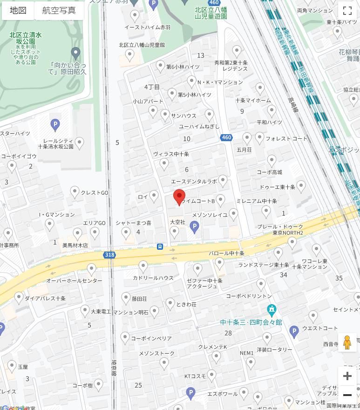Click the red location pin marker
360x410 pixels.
pos(179,197)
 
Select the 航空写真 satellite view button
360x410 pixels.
pos(59,10)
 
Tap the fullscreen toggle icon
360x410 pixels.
pos(347,10)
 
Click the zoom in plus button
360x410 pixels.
pos(347,376)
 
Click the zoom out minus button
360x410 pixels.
pos(347,395)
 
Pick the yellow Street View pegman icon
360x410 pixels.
pos(347,342)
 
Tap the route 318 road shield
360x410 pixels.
pos(109,255)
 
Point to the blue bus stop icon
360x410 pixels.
pos(160,246)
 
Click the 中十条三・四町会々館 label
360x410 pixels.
pos(251,322)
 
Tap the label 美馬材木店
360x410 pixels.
pos(75,245)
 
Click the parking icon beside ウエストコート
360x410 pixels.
pos(294,331)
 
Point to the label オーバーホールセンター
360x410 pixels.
pos(74,280)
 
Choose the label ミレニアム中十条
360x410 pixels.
pos(257,201)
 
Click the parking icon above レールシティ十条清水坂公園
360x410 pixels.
pos(55,125)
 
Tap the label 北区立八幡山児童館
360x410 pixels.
pos(142,45)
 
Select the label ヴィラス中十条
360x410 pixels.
pos(171,154)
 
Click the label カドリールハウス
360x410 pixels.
pos(153,278)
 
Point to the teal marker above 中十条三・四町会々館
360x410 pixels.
pos(272,309)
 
